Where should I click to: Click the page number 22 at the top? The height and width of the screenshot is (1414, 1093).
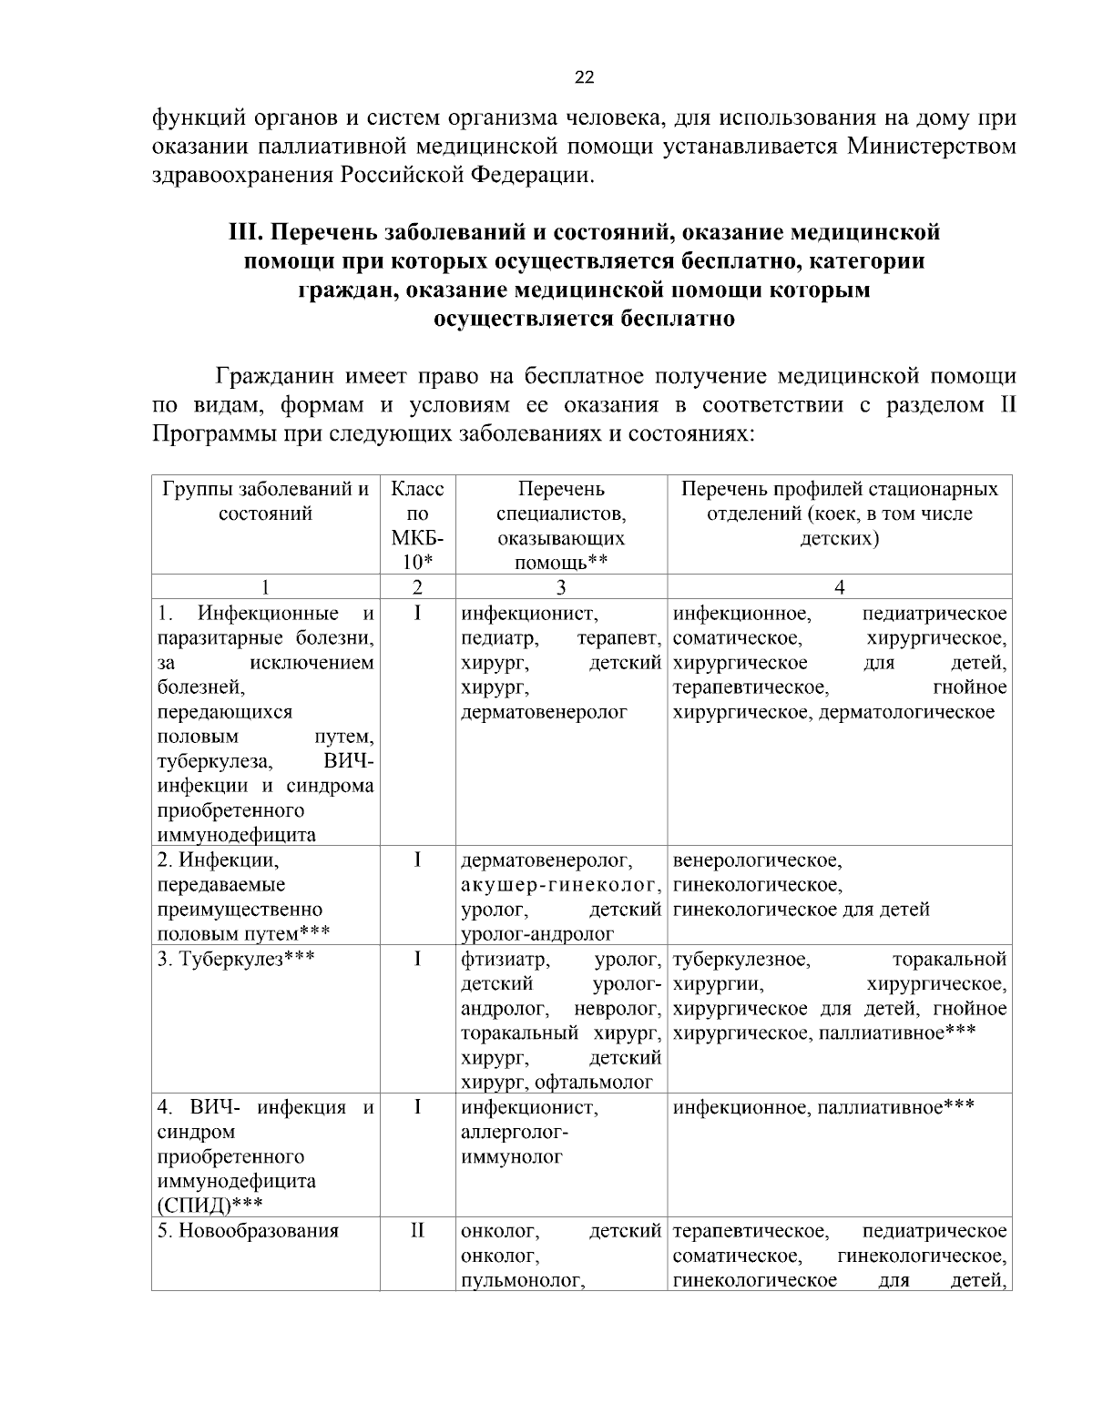pos(584,77)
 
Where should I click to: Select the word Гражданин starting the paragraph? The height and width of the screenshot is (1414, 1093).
pos(279,376)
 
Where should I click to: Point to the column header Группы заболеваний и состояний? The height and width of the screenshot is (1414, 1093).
pos(265,501)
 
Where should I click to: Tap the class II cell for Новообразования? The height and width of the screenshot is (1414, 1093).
pos(416,1231)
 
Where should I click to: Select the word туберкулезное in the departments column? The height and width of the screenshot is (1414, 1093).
pos(741,959)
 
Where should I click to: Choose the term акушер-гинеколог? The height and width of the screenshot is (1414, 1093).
pos(560,884)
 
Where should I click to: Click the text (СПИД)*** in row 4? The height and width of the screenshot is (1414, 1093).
pos(210,1205)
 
